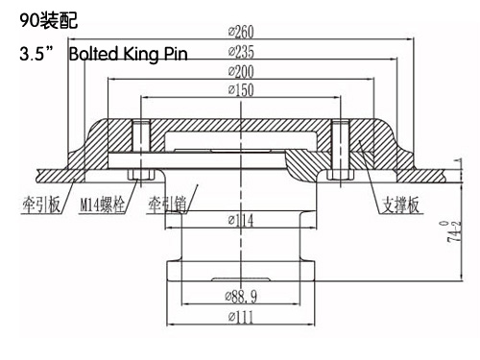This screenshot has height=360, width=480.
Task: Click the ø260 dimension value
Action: point(241,32)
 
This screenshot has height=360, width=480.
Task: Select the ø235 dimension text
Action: point(241,52)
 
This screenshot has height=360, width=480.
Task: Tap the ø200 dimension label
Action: point(241,71)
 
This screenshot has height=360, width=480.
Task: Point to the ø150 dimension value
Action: point(241,90)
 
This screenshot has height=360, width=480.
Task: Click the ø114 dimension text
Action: point(241,220)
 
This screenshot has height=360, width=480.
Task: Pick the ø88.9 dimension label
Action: point(241,297)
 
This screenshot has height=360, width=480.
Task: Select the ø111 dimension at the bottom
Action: point(241,317)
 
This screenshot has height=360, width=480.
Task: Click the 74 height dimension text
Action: point(455,231)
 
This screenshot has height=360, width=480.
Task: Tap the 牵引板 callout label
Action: point(41,204)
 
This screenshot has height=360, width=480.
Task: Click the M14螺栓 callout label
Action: point(102,204)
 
